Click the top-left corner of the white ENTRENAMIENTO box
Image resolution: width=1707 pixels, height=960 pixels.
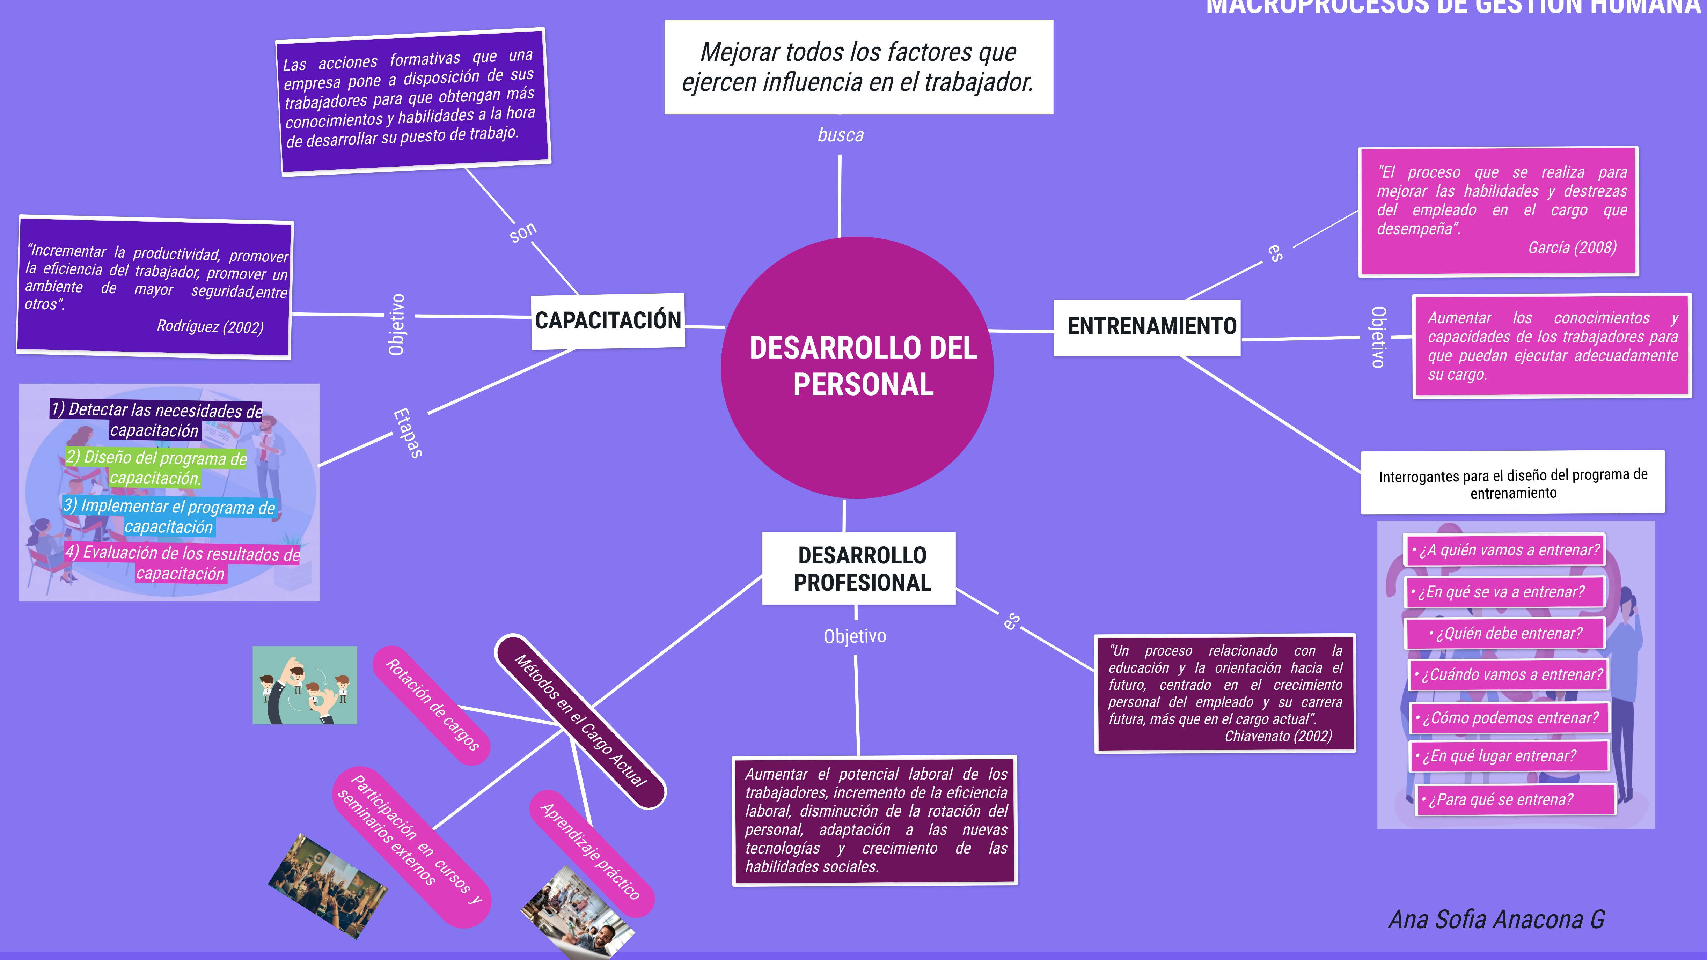coord(1054,300)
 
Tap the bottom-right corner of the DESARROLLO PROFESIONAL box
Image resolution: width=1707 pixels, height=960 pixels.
coord(955,604)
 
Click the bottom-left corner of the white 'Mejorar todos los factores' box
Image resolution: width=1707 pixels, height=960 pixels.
coord(665,114)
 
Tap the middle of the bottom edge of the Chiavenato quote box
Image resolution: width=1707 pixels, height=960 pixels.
coord(1225,752)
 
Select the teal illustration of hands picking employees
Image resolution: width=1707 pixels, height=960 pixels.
coord(305,685)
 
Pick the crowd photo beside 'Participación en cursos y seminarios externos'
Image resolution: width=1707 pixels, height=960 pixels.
coord(327,886)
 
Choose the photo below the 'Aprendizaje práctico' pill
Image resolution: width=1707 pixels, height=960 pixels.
coord(578,913)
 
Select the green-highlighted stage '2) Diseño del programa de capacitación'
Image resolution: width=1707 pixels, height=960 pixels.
coord(156,467)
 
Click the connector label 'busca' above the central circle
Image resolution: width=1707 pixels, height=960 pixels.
coord(840,135)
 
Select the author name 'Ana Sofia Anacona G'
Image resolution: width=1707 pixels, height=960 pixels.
coord(1496,920)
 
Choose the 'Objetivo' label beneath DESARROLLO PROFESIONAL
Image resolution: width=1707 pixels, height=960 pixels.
coord(855,636)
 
